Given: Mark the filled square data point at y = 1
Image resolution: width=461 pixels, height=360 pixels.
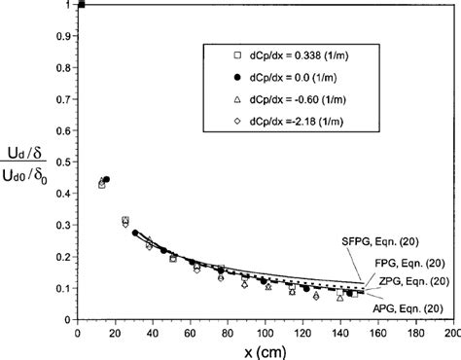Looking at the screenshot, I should [82, 5].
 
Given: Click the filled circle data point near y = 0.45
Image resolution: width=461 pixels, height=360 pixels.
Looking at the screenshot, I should [107, 179].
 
